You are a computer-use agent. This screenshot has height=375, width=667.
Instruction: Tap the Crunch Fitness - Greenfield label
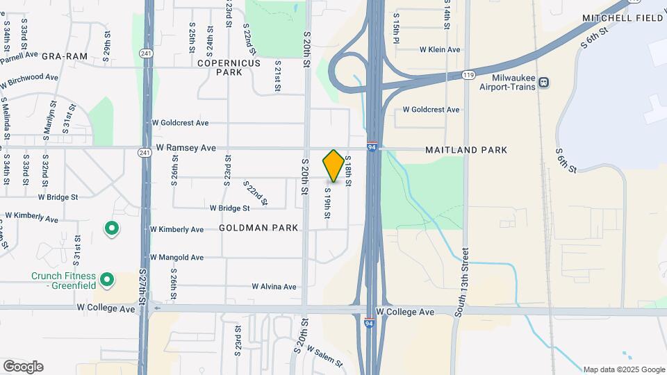tap(63, 281)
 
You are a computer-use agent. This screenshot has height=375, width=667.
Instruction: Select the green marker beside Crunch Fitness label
tap(106, 280)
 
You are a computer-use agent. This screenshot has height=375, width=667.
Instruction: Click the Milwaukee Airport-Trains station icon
tap(543, 82)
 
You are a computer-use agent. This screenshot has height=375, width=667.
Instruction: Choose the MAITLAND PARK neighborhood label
tap(466, 150)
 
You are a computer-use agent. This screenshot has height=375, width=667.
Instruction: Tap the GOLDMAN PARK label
tap(258, 228)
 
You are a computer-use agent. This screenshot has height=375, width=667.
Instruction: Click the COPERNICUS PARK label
tap(229, 67)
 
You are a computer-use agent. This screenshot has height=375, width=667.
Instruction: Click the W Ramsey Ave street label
tap(186, 148)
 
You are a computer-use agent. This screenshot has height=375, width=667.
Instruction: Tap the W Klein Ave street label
tap(440, 50)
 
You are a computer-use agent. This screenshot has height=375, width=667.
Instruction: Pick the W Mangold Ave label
tap(176, 258)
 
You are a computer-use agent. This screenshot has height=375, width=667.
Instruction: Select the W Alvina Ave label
tap(274, 287)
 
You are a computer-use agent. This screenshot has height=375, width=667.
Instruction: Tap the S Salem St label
tap(324, 358)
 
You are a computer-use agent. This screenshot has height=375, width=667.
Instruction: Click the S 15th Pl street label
tap(396, 27)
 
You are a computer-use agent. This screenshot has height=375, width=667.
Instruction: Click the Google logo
tap(23, 367)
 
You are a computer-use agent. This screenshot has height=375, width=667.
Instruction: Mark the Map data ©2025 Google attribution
tap(624, 369)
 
